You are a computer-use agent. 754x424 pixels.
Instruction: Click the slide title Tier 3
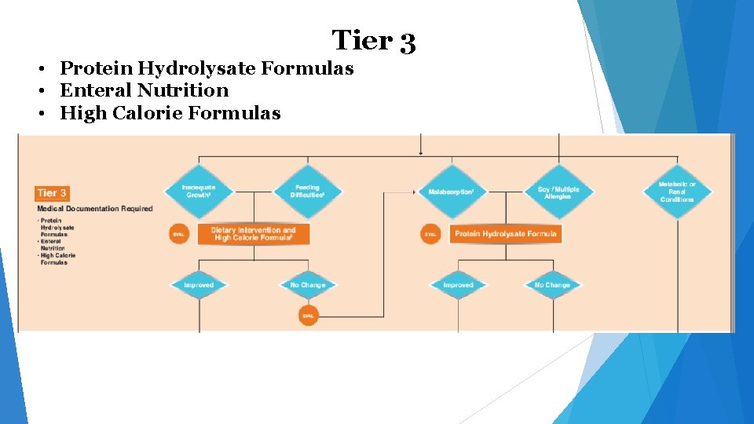pyautogui.click(x=373, y=40)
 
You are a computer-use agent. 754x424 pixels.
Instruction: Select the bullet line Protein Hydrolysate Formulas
pyautogui.click(x=207, y=68)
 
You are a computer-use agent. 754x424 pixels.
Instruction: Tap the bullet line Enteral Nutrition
pyautogui.click(x=144, y=90)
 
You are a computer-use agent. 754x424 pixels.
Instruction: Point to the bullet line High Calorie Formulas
pyautogui.click(x=170, y=113)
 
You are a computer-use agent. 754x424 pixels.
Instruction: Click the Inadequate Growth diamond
pyautogui.click(x=198, y=191)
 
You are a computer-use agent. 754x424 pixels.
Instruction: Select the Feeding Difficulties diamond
pyautogui.click(x=307, y=191)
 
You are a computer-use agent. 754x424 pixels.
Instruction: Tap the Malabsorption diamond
pyautogui.click(x=452, y=192)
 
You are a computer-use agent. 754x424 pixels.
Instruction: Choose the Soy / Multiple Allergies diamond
pyautogui.click(x=558, y=192)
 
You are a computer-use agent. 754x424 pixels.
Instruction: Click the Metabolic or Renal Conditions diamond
pyautogui.click(x=677, y=192)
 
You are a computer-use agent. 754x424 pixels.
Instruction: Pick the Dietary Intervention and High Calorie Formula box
pyautogui.click(x=253, y=233)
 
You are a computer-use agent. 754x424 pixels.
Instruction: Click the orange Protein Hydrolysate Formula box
pyautogui.click(x=506, y=233)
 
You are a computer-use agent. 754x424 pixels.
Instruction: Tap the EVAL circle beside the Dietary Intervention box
pyautogui.click(x=179, y=234)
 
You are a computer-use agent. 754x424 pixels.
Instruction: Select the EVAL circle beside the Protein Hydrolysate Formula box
pyautogui.click(x=430, y=234)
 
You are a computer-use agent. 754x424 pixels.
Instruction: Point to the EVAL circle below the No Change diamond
pyautogui.click(x=308, y=316)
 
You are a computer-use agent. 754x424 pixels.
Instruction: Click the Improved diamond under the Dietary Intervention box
pyautogui.click(x=199, y=285)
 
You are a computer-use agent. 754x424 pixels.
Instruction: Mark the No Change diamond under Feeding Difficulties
pyautogui.click(x=308, y=285)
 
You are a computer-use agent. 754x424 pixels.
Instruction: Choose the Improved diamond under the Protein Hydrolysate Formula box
pyautogui.click(x=458, y=285)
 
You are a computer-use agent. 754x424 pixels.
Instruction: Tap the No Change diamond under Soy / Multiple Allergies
pyautogui.click(x=552, y=285)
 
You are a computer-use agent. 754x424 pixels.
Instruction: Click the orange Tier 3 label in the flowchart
pyautogui.click(x=53, y=192)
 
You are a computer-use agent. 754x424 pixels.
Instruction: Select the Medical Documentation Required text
pyautogui.click(x=94, y=208)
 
